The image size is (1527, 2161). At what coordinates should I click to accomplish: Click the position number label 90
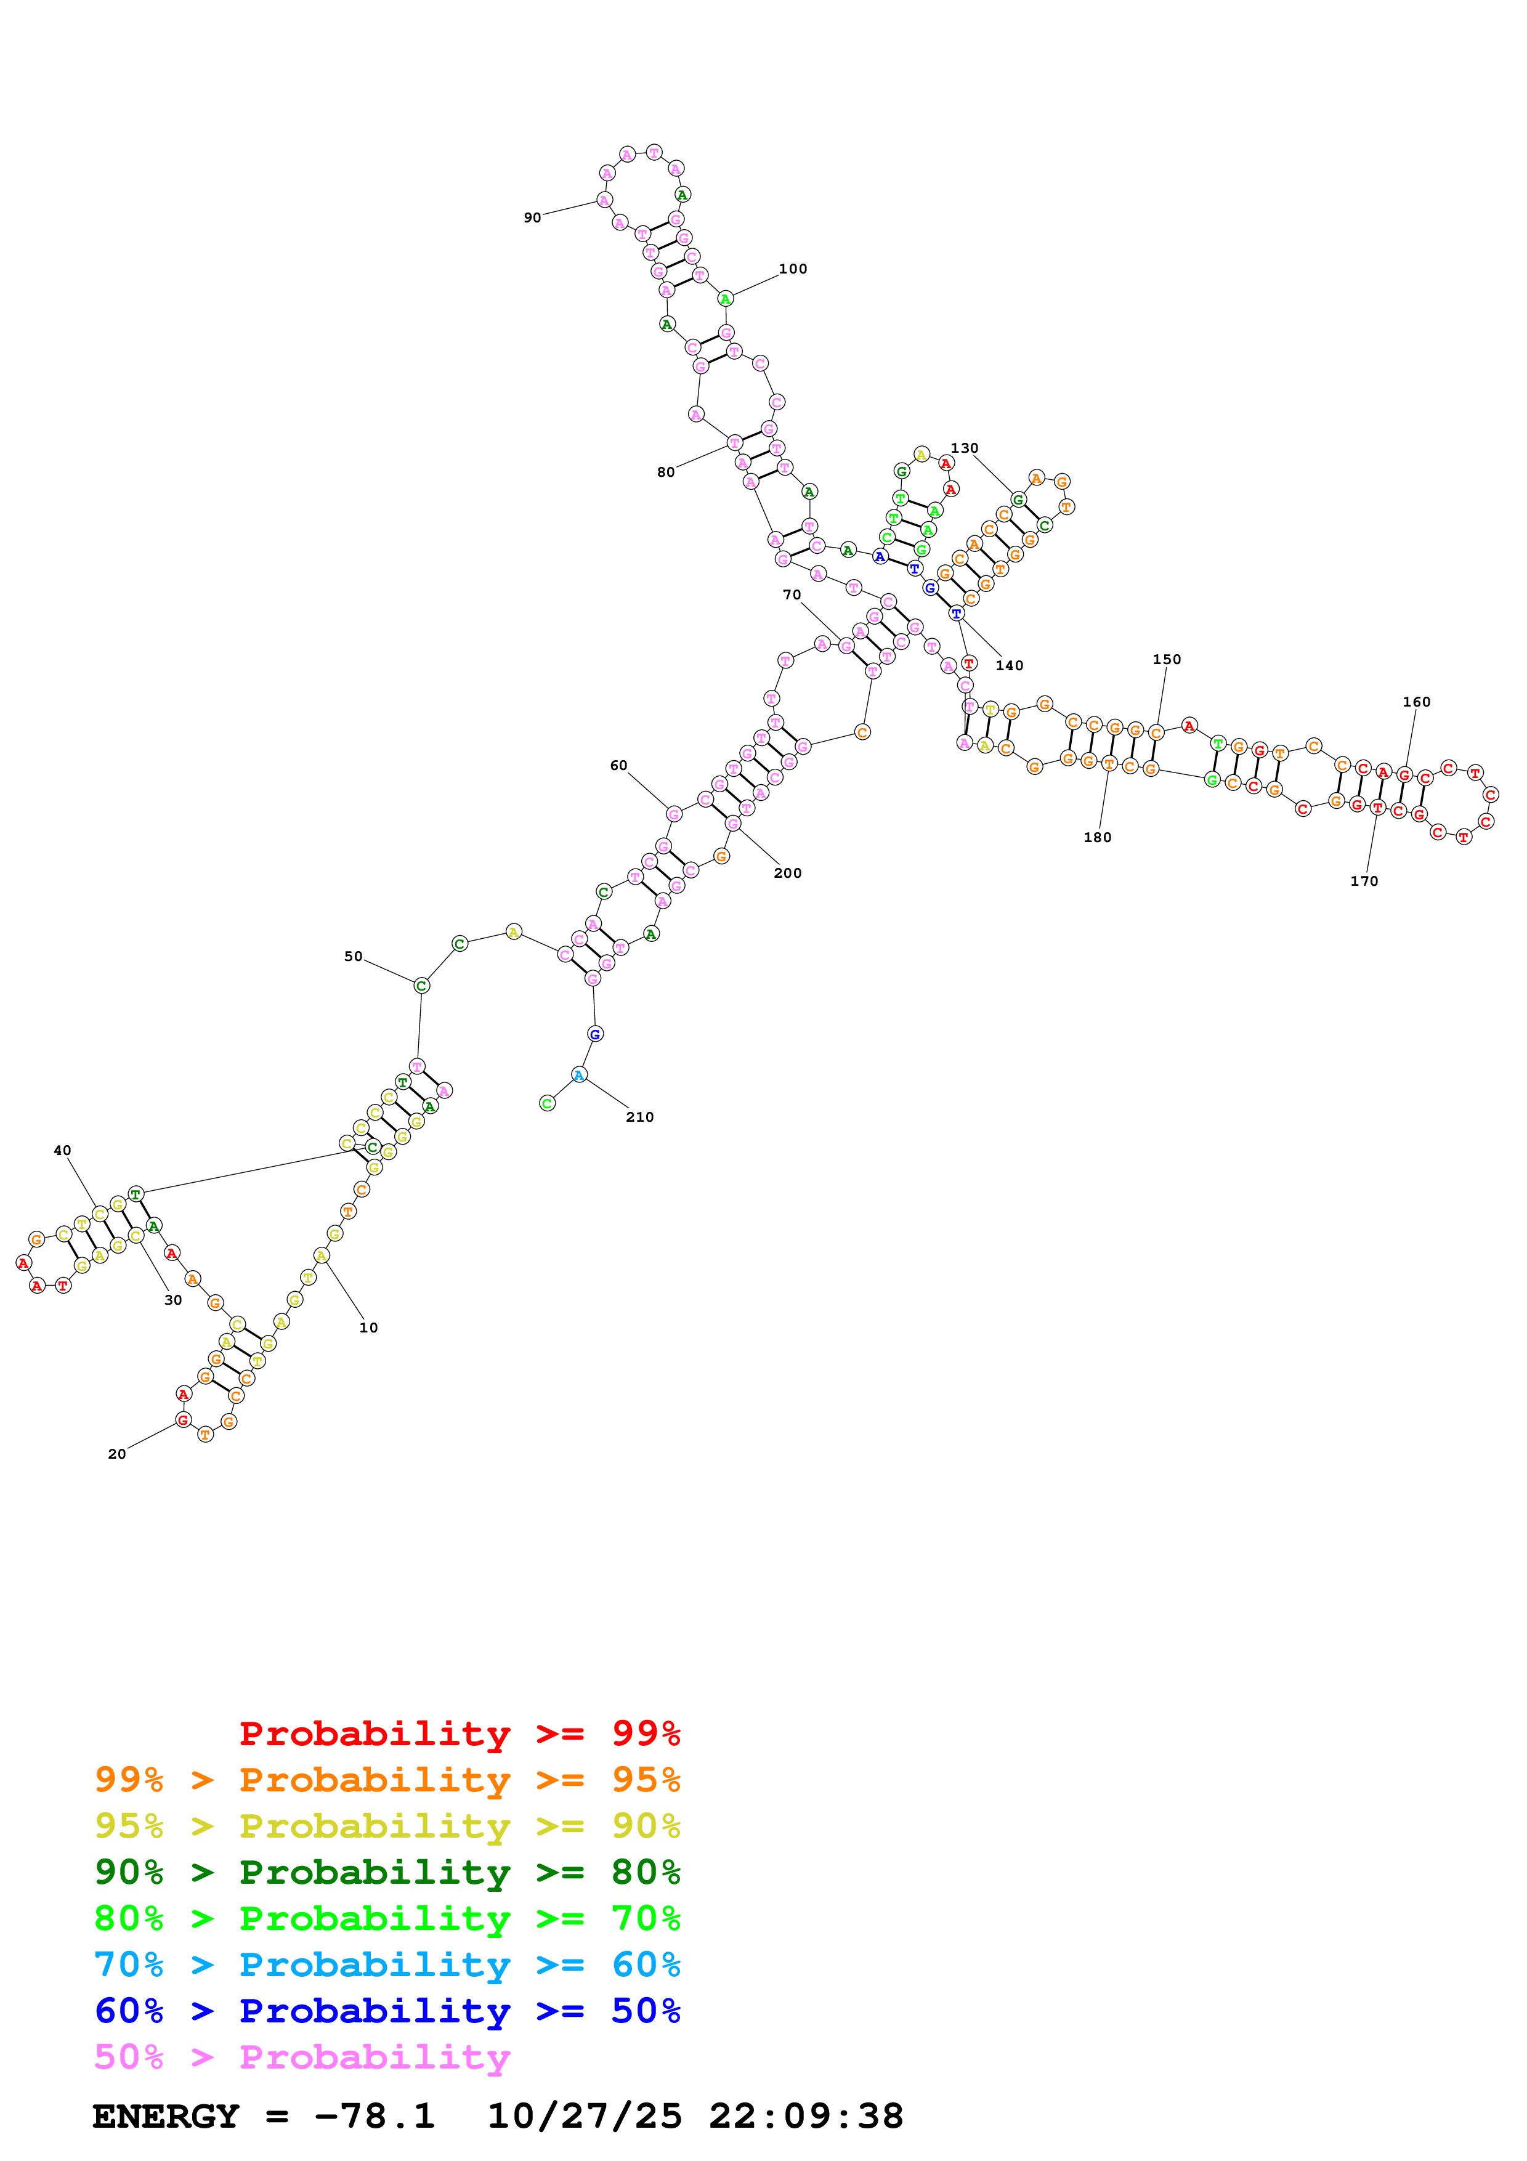tap(533, 217)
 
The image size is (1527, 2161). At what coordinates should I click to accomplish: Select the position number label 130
tap(965, 448)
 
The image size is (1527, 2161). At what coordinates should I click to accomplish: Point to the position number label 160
tap(1416, 702)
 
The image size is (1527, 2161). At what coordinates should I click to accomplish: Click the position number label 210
tap(640, 1117)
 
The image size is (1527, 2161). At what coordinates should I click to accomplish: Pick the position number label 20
tap(116, 1454)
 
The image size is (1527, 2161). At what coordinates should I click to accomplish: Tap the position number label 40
tap(62, 1150)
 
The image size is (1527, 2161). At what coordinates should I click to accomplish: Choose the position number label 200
tap(787, 874)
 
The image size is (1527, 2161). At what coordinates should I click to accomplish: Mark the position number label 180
tap(1097, 838)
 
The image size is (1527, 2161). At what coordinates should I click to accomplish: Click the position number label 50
tap(353, 956)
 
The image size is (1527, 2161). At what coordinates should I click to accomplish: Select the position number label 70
tap(792, 595)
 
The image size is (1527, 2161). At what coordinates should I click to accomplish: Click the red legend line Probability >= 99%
tap(459, 1733)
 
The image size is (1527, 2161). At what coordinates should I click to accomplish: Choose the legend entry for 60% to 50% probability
tap(387, 2011)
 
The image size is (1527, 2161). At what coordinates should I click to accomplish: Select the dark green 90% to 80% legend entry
tap(387, 1872)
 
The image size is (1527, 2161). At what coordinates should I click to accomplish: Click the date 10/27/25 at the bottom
tap(585, 2116)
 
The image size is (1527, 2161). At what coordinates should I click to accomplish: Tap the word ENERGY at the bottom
tap(166, 2116)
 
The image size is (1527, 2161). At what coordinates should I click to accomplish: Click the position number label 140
tap(1010, 665)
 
